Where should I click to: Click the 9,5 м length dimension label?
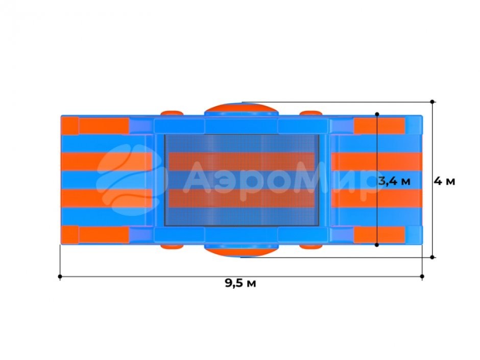(x=241, y=283)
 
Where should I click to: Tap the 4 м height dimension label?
(x=444, y=181)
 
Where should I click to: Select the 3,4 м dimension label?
(x=394, y=181)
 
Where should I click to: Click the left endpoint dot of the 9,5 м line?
(x=60, y=277)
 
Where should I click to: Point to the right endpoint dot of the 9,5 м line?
(x=422, y=276)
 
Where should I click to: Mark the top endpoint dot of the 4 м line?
(x=432, y=102)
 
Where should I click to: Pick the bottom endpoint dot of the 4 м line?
(x=432, y=257)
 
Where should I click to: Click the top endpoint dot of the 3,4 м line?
(x=377, y=114)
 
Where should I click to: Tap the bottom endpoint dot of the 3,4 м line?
(x=377, y=245)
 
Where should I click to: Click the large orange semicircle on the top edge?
(x=241, y=109)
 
